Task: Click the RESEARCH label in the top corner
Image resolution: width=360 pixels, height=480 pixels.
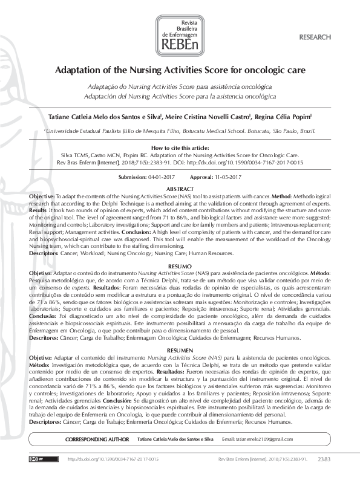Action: click(x=315, y=37)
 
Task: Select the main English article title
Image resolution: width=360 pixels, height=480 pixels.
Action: click(x=180, y=70)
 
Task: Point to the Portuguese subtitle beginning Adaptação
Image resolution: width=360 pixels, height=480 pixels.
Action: click(x=180, y=87)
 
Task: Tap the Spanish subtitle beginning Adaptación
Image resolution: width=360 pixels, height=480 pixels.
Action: click(x=180, y=96)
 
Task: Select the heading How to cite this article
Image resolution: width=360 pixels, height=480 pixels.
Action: click(x=180, y=148)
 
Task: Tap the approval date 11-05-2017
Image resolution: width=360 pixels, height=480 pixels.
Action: click(x=224, y=177)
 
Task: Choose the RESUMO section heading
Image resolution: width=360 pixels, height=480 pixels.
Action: click(x=180, y=266)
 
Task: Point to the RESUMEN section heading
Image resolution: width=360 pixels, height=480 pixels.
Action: click(x=180, y=351)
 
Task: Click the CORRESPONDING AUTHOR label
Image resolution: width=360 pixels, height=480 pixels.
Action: click(x=97, y=438)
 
